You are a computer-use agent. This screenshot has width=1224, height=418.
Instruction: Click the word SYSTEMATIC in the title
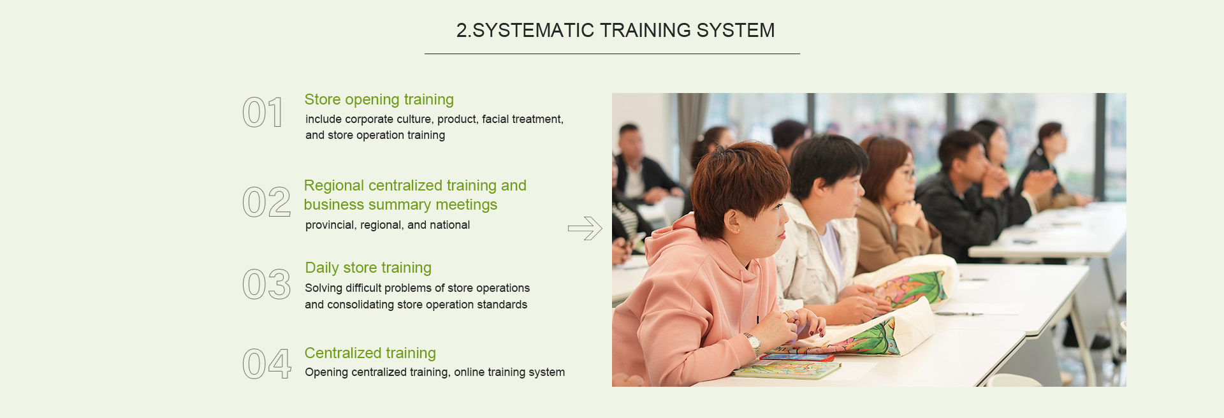pos(533,30)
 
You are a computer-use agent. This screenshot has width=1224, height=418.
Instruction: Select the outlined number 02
pos(266,202)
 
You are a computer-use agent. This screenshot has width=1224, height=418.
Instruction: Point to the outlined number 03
pos(266,284)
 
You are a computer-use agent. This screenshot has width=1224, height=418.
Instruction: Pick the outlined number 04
pos(267,364)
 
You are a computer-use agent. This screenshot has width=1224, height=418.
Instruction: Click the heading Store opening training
pos(379,100)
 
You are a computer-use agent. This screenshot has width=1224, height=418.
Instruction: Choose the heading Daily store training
pos(368,268)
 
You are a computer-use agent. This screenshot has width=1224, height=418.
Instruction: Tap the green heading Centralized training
pos(370,353)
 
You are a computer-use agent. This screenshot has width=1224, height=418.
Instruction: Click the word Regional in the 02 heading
pos(333,186)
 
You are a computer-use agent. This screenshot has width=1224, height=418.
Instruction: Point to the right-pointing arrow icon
pos(585,228)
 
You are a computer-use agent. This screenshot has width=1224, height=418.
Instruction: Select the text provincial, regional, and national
pos(388,225)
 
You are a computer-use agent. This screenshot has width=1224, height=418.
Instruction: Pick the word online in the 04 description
pos(469,372)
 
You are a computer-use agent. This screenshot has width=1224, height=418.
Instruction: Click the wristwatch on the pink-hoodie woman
pos(753,343)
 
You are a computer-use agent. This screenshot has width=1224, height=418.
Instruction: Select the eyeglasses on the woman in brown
pos(906,172)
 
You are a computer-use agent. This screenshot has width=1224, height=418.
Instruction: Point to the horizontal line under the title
pos(612,54)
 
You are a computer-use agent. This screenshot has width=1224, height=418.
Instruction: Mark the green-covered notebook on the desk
pos(787,370)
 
